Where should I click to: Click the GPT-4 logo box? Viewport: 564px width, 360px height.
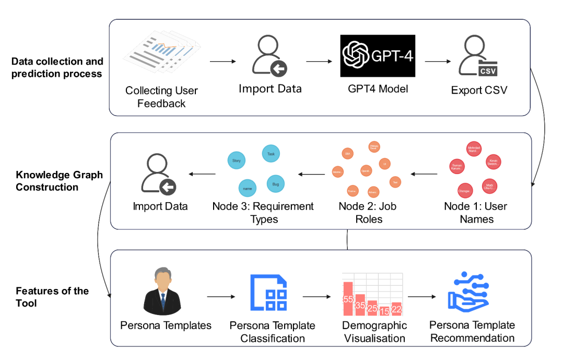pyautogui.click(x=378, y=56)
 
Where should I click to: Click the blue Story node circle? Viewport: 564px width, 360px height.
pyautogui.click(x=237, y=160)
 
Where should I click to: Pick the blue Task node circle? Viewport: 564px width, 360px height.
pyautogui.click(x=271, y=154)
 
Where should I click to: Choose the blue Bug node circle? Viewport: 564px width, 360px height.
pyautogui.click(x=275, y=184)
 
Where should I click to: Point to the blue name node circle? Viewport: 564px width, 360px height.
pyautogui.click(x=247, y=187)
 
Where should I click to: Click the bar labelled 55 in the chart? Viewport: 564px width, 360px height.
pyautogui.click(x=348, y=299)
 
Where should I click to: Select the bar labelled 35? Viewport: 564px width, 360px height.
pyautogui.click(x=360, y=305)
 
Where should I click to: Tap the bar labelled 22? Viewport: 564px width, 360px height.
pyautogui.click(x=396, y=309)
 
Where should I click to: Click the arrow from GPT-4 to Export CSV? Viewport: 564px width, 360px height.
pyautogui.click(x=438, y=61)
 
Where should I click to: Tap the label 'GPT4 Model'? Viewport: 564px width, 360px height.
pyautogui.click(x=378, y=89)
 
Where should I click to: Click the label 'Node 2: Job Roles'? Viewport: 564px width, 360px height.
pyautogui.click(x=368, y=213)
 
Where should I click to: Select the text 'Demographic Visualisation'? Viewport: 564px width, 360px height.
pyautogui.click(x=374, y=332)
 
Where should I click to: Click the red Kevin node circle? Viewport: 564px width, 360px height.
pyautogui.click(x=494, y=162)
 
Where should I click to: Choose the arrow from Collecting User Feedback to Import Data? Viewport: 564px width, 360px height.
pyautogui.click(x=223, y=62)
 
